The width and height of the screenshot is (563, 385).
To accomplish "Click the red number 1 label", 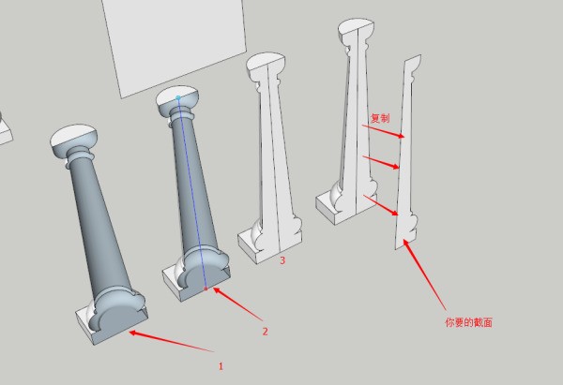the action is pyautogui.click(x=221, y=366).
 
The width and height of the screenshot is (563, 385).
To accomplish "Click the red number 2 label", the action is pyautogui.click(x=265, y=332).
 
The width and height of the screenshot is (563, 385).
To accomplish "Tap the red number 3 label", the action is pyautogui.click(x=282, y=260).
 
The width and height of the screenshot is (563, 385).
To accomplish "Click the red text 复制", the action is pyautogui.click(x=380, y=118).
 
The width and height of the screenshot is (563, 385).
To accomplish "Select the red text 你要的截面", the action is pyautogui.click(x=468, y=322).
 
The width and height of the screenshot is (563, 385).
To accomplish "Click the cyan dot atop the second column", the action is pyautogui.click(x=178, y=97).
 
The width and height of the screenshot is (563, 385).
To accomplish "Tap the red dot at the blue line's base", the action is pyautogui.click(x=205, y=289).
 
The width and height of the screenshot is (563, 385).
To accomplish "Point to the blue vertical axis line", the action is pyautogui.click(x=191, y=193).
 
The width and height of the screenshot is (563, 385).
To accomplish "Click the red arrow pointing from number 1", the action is pyautogui.click(x=172, y=342).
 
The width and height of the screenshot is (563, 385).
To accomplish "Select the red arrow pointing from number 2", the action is pyautogui.click(x=237, y=304).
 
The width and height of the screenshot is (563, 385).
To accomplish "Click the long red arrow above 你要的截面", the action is pyautogui.click(x=424, y=274).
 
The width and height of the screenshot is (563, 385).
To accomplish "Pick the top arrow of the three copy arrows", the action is pyautogui.click(x=383, y=131).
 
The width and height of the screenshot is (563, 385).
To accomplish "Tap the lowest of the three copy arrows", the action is pyautogui.click(x=381, y=205).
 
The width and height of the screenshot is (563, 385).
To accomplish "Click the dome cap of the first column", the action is pyautogui.click(x=73, y=141).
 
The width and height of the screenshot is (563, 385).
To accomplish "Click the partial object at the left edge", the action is pyautogui.click(x=5, y=131).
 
